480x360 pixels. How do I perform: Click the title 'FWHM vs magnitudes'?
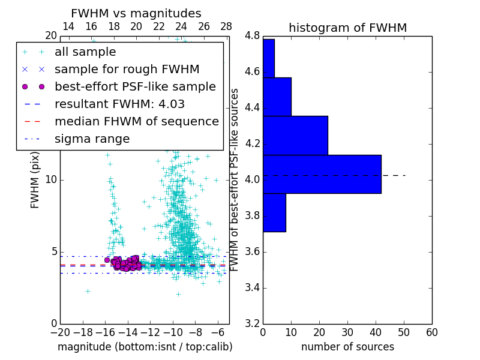(x=136, y=13)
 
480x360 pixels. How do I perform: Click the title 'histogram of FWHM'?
(x=347, y=28)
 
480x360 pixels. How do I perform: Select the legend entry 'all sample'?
(x=85, y=52)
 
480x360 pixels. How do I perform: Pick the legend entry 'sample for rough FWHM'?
(x=127, y=70)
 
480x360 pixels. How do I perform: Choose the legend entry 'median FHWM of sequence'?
(x=136, y=122)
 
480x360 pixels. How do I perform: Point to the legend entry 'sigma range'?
(x=92, y=139)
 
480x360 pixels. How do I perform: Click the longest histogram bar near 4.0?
(x=322, y=174)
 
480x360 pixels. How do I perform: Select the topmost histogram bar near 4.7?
(x=268, y=58)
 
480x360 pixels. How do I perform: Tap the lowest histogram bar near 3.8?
(x=274, y=212)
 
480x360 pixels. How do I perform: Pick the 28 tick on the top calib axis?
(x=226, y=26)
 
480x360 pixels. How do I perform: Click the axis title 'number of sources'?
(x=347, y=347)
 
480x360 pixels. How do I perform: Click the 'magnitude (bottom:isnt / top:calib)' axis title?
(x=145, y=347)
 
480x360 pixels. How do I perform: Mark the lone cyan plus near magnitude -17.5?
(x=88, y=291)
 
